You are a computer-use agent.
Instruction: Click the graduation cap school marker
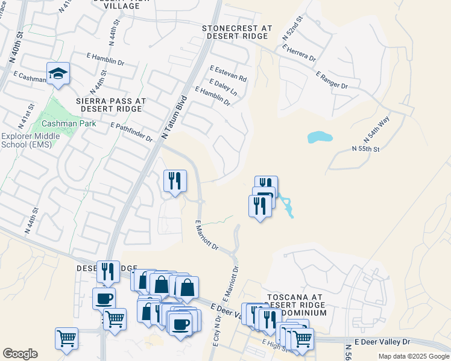(58, 74)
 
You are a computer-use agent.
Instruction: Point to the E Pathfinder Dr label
(131, 131)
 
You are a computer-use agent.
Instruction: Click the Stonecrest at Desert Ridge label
(237, 32)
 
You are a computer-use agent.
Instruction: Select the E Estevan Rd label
(228, 74)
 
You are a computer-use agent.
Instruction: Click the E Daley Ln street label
(222, 88)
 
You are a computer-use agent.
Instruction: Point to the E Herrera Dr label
(298, 52)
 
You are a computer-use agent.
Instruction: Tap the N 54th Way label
(377, 128)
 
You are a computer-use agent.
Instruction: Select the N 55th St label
(365, 148)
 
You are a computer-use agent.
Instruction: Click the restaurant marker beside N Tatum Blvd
(175, 181)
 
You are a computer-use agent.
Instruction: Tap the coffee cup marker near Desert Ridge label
(104, 298)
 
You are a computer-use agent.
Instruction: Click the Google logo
(20, 354)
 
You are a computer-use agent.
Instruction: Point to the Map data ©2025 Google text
(412, 356)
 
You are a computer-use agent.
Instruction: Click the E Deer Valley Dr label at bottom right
(382, 341)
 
